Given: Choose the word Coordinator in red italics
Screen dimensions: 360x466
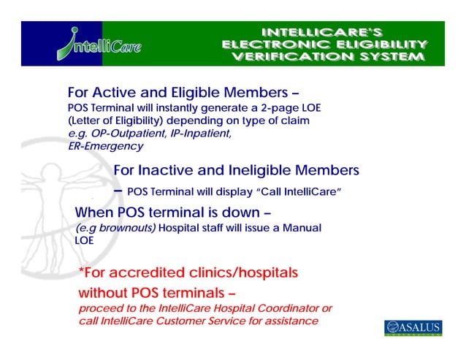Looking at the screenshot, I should coord(286,309).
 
